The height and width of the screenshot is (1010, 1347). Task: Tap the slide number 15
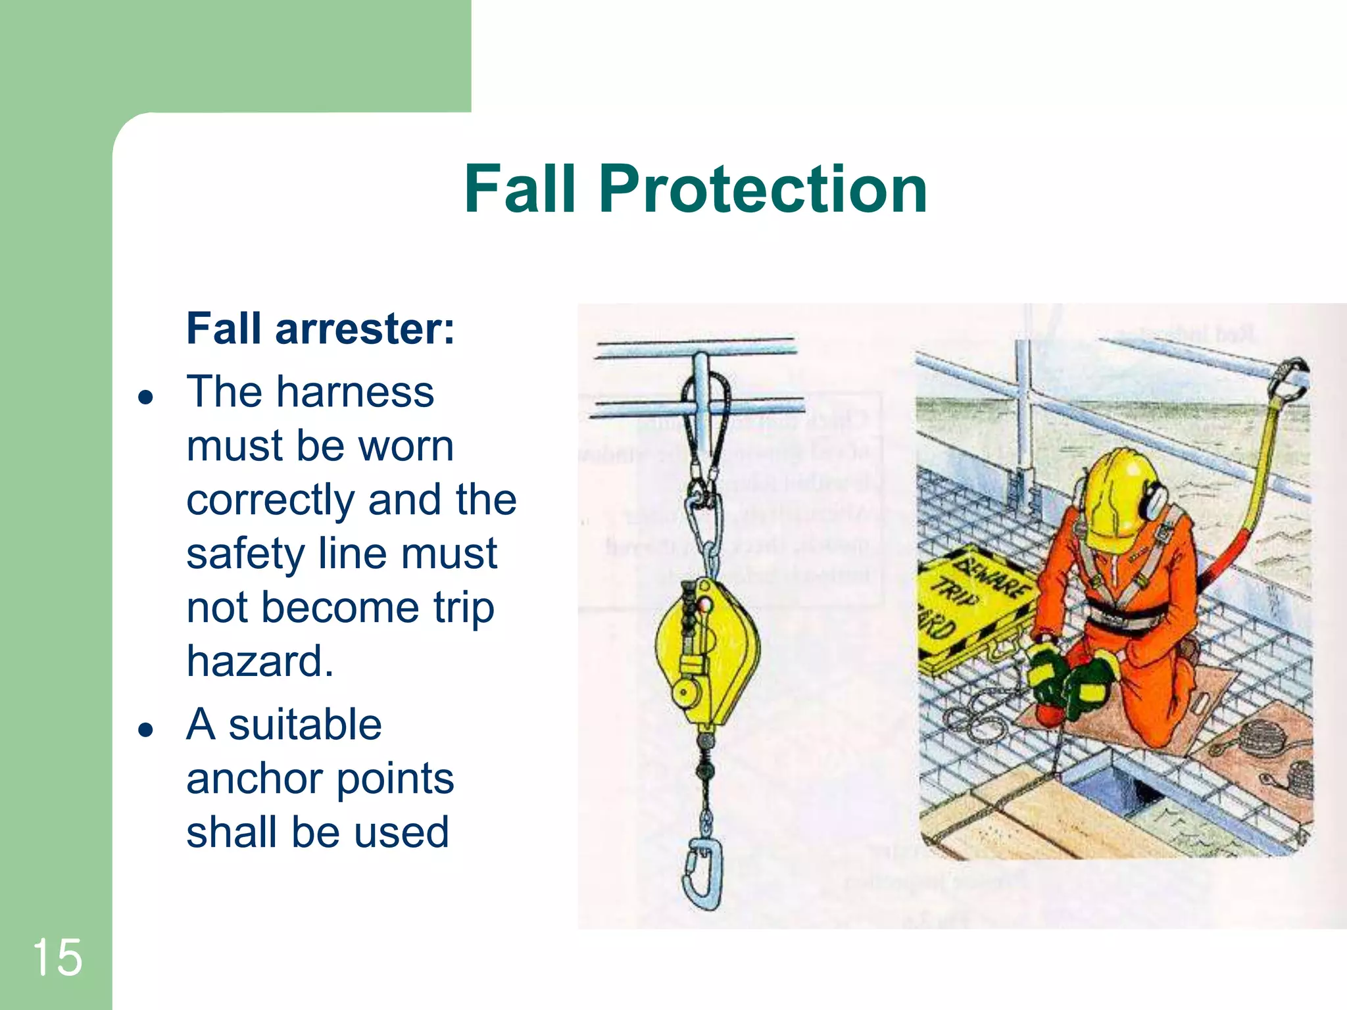tap(57, 957)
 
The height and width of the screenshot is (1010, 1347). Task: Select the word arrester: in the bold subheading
tap(364, 328)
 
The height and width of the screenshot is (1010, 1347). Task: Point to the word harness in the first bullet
tap(355, 392)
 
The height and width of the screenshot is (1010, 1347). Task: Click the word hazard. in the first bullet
tap(260, 661)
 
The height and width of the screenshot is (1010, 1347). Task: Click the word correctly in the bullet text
tap(270, 501)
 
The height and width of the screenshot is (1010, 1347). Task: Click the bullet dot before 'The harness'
tap(146, 397)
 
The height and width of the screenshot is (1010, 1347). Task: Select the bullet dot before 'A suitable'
tap(146, 729)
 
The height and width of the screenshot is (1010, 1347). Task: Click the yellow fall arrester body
tap(707, 651)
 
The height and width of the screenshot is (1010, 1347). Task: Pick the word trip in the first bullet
tap(463, 607)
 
